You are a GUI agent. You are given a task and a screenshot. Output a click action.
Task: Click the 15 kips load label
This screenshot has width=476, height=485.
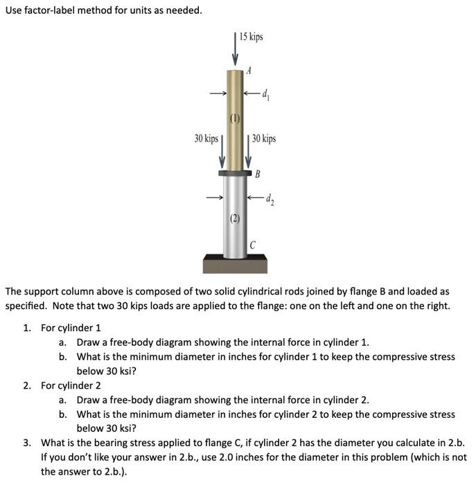[x=252, y=36]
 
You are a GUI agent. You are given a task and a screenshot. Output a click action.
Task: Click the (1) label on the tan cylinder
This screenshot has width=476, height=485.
[x=235, y=118]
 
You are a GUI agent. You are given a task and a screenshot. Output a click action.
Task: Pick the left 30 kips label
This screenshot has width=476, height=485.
[x=206, y=139]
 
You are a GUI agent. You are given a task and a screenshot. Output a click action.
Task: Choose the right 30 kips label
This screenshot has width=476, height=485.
[x=264, y=139]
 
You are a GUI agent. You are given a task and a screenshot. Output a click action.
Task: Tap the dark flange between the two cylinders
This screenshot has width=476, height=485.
[x=235, y=173]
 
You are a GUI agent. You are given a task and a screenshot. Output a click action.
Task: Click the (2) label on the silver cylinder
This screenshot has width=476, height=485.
[x=235, y=220]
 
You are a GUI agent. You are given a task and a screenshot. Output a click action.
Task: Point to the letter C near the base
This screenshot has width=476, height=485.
[x=254, y=245]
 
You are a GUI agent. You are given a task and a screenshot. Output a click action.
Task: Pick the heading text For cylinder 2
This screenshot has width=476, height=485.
[x=71, y=385]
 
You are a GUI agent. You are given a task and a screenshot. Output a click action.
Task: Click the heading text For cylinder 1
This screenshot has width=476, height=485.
[x=71, y=327]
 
